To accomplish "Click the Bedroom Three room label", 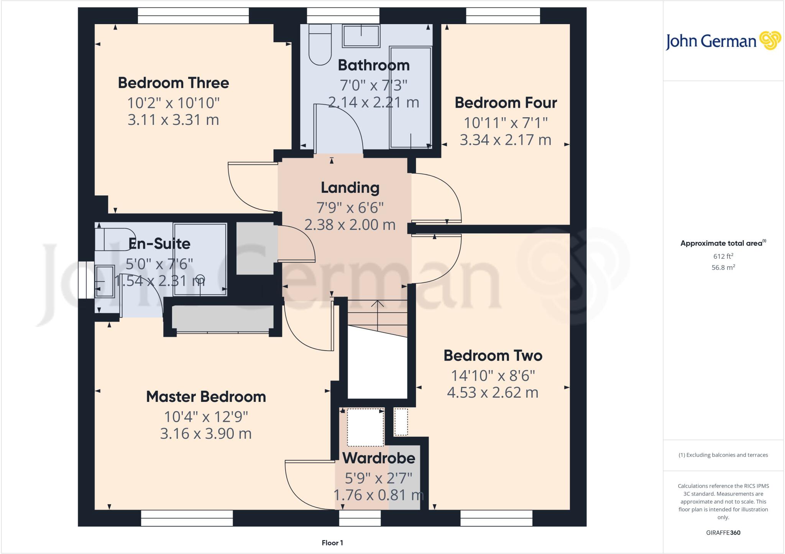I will [173, 83].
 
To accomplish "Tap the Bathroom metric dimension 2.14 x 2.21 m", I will [373, 102].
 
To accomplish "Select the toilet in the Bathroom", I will [320, 45].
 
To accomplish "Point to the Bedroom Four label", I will [506, 103].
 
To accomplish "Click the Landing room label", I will [350, 188].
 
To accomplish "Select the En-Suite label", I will [159, 244].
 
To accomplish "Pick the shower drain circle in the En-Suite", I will [200, 279].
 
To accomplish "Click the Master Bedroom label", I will [206, 397].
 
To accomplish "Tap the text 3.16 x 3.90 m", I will [206, 434].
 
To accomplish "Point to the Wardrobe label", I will [379, 458].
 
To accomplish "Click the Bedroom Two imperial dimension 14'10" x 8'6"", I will [493, 376].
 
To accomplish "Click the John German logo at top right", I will [723, 41].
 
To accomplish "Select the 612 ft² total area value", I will [723, 256].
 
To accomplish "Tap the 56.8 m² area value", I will [723, 267].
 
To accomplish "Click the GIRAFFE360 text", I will [723, 533].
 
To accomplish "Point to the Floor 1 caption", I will [332, 543].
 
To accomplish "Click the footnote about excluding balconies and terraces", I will [723, 455].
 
